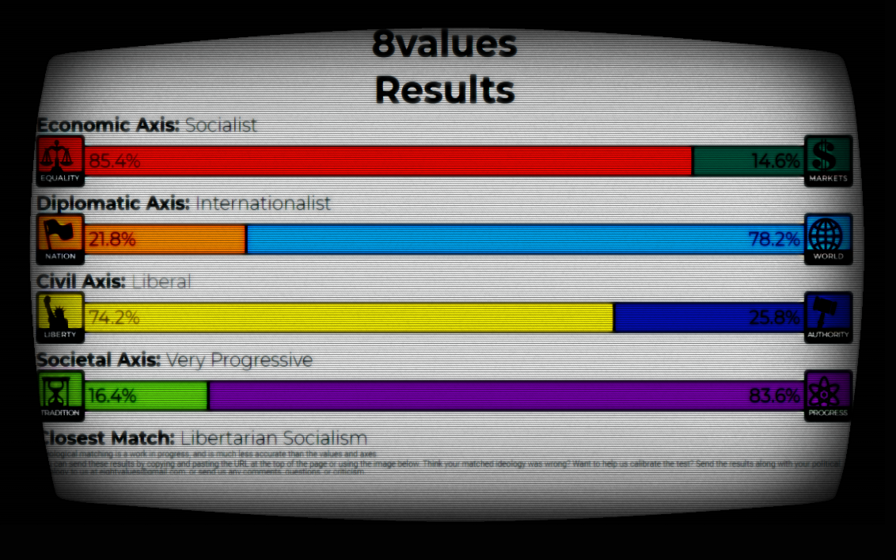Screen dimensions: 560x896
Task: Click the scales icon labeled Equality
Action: point(61,156)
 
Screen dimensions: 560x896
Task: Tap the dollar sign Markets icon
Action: point(828,156)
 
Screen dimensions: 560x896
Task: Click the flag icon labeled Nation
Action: point(61,234)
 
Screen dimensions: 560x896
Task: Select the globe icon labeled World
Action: point(828,234)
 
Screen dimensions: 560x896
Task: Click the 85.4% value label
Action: point(114,162)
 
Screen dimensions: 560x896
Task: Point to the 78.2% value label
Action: point(774,239)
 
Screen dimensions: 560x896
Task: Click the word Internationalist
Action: point(263,204)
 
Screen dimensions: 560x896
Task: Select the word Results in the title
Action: point(445,90)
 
